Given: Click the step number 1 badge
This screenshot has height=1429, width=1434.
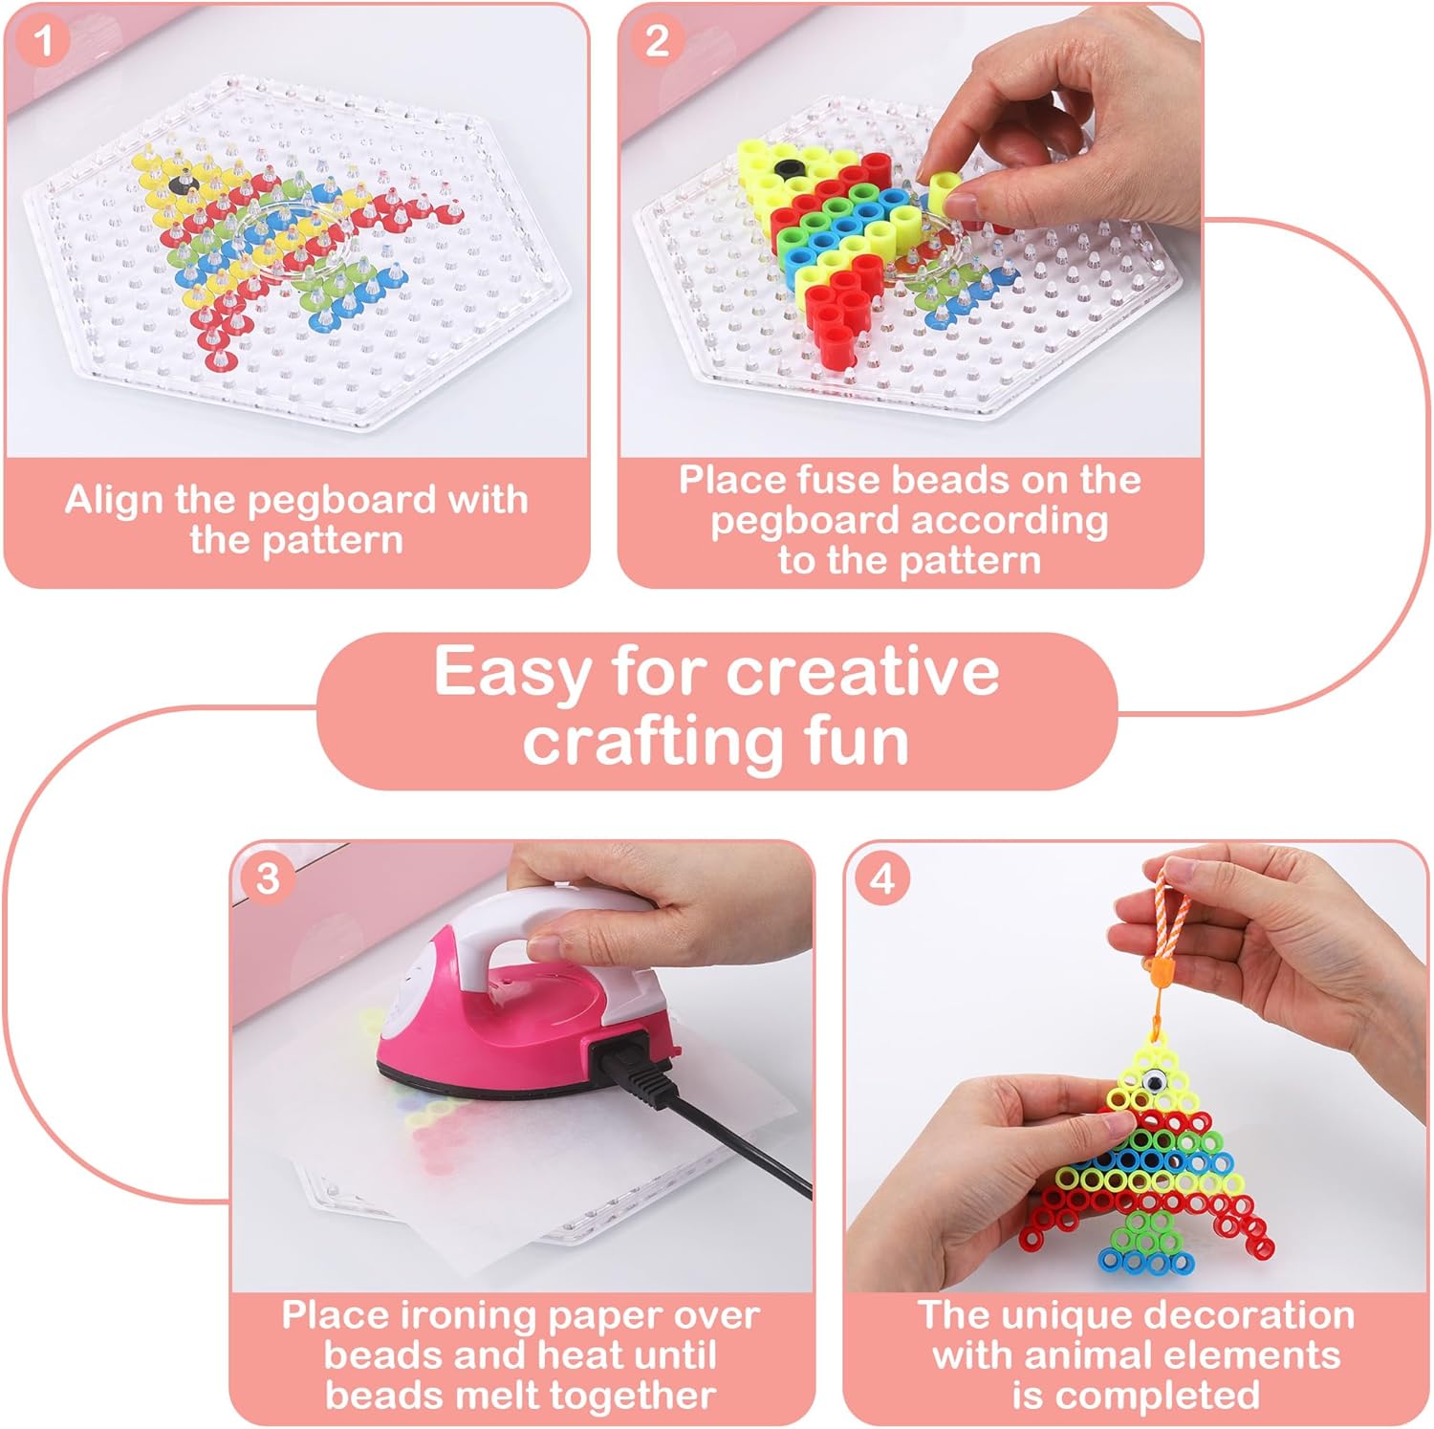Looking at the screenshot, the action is [43, 41].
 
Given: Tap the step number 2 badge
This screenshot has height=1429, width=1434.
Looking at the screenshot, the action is [657, 41].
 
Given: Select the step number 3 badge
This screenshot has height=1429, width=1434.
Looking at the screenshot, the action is [268, 878].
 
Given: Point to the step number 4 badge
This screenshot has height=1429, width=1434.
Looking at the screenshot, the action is [881, 878].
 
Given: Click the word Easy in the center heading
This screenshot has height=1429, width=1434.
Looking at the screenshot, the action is [512, 673].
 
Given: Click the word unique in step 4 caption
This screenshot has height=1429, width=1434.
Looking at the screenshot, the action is [1048, 1317].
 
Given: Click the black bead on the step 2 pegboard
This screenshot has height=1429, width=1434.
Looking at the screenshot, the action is [788, 169].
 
